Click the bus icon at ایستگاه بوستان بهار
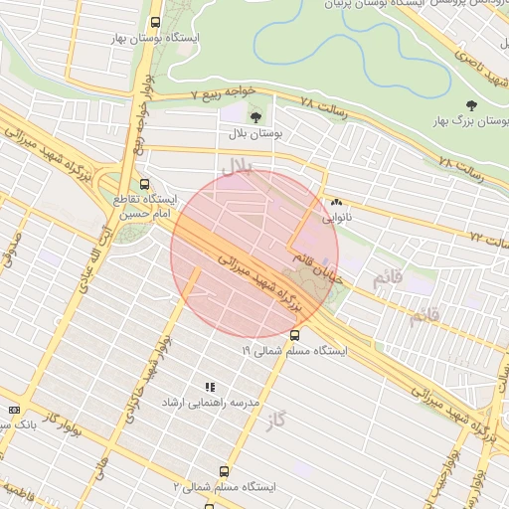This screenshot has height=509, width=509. tap(154, 22)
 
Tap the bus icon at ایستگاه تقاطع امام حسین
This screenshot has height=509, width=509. tap(145, 184)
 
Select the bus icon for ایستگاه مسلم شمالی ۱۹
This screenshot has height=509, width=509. tap(294, 335)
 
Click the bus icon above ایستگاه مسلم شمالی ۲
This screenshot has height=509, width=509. tap(224, 471)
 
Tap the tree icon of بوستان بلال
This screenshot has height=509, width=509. tap(255, 117)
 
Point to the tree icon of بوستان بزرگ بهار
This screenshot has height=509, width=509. tap(470, 105)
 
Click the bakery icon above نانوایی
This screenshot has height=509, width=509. tap(335, 200)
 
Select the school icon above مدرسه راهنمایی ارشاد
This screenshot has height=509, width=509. tap(209, 387)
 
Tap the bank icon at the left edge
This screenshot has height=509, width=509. tap(14, 410)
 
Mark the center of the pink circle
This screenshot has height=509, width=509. tap(254, 254)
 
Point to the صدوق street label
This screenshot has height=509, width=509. tap(12, 253)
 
